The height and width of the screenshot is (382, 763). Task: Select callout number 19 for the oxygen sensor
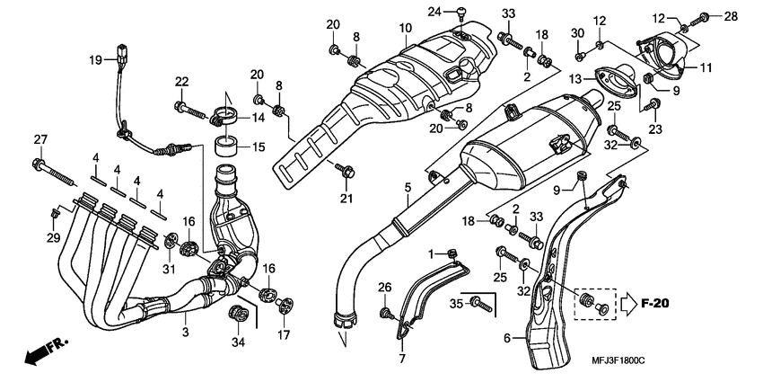pyautogui.click(x=96, y=60)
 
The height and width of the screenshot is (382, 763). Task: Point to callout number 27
pyautogui.click(x=39, y=139)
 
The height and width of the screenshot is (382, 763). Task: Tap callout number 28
pyautogui.click(x=729, y=16)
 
